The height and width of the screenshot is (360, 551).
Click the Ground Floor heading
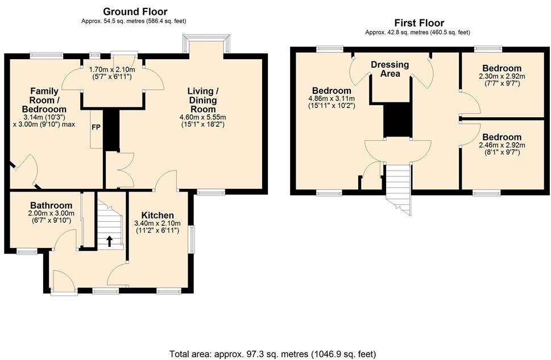point(135,11)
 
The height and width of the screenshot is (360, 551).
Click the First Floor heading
point(419,23)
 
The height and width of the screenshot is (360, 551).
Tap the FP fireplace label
point(96,127)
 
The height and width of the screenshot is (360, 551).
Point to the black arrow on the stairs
point(109,241)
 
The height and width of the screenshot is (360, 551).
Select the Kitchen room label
point(158,215)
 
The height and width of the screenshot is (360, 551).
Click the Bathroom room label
point(51,205)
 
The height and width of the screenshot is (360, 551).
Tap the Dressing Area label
point(390,69)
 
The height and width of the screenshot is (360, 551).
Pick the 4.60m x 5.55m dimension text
point(203,117)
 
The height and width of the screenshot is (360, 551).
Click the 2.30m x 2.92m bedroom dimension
point(502,76)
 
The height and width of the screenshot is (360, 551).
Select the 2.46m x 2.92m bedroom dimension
point(502,145)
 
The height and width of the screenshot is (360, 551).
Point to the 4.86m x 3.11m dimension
point(332,99)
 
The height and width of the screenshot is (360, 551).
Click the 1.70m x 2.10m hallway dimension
point(112,69)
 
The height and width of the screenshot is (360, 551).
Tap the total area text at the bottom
point(273,354)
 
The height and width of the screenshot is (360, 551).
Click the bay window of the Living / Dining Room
point(206,44)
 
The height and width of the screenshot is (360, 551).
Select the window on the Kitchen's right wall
point(192,239)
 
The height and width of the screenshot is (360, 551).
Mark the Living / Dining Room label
point(203,100)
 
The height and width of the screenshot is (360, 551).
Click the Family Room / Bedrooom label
point(44,100)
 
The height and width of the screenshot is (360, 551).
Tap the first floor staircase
point(399,189)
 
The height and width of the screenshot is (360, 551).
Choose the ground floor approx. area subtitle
point(134,21)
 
